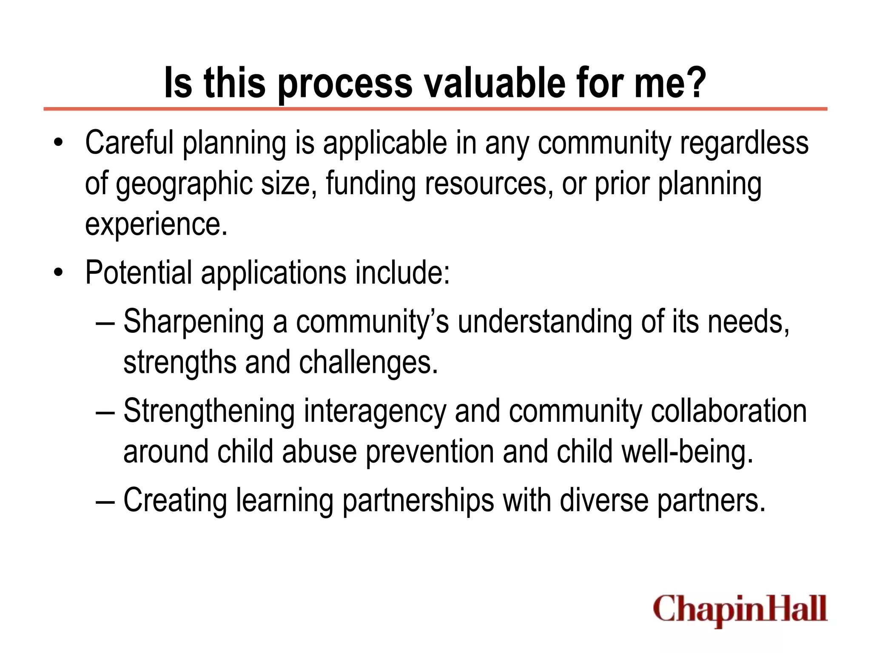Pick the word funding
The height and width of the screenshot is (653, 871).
(370, 184)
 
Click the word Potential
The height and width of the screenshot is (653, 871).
(139, 273)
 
